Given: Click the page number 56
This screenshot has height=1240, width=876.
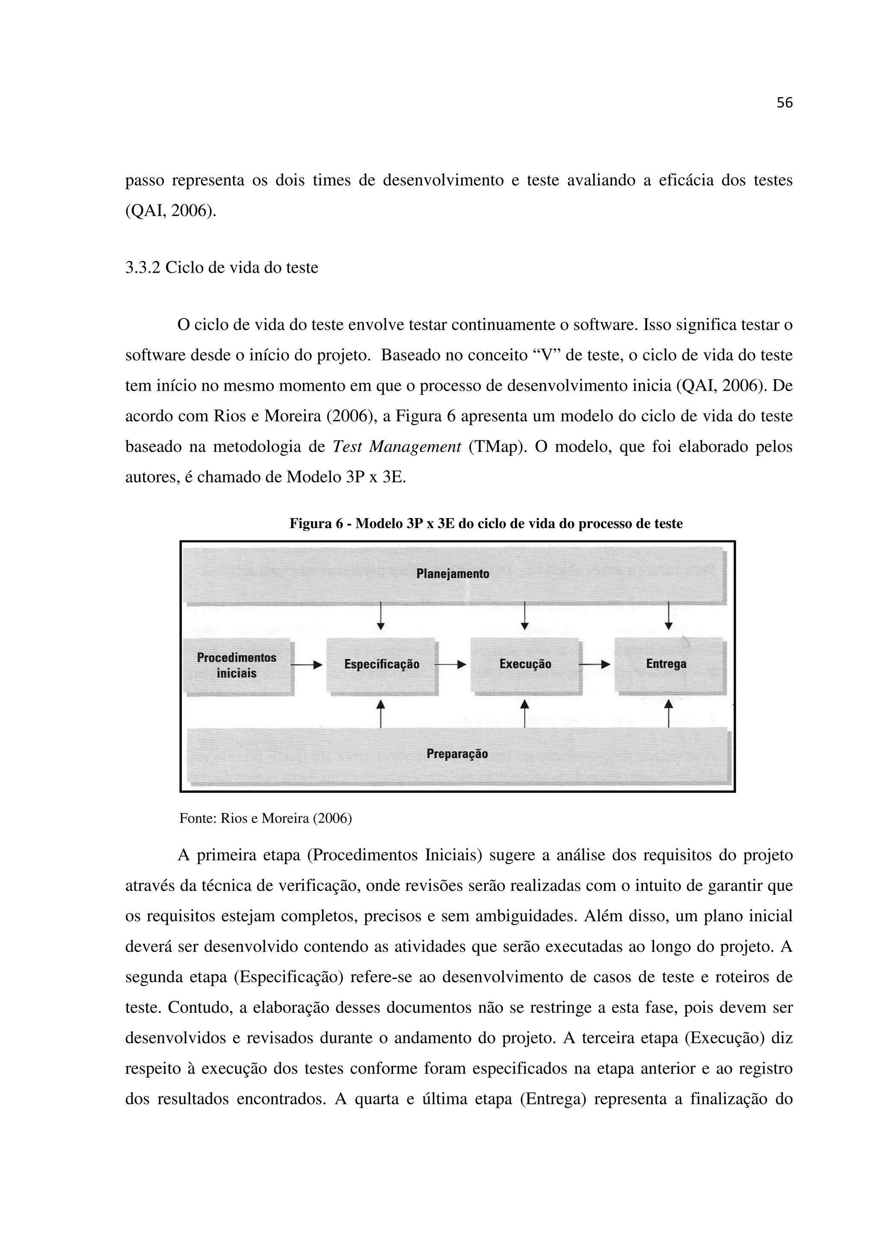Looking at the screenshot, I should coord(784,103).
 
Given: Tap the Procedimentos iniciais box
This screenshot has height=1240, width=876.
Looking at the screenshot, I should coord(237,665).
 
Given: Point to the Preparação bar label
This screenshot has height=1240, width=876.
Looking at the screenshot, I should coord(457,753).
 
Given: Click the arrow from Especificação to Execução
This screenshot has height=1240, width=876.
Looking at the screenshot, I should coord(452,665).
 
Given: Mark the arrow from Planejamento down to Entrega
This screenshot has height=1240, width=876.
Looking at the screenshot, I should coord(668,616).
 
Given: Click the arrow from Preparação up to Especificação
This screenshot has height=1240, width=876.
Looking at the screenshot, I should coord(381,713).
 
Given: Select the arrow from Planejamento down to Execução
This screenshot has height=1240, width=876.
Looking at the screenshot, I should coord(524,616).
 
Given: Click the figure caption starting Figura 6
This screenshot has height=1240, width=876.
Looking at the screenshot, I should coord(486,523).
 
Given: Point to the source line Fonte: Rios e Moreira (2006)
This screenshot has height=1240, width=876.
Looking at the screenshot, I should coord(265,818).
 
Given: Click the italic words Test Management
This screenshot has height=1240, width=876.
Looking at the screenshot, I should coord(397,447).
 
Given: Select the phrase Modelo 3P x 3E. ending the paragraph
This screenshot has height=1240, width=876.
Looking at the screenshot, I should coord(346,478).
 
